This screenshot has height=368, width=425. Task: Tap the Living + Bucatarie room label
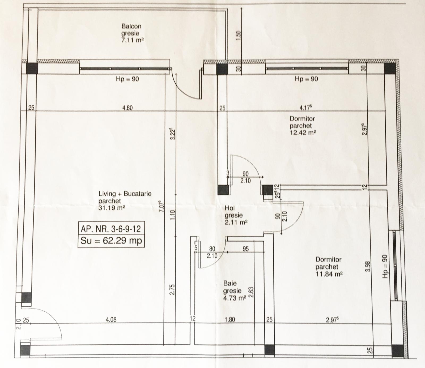pos(125,200)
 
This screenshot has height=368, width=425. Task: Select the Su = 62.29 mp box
pos(111,241)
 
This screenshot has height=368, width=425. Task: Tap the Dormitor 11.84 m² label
pos(329,267)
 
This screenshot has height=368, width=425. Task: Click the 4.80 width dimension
pos(127,108)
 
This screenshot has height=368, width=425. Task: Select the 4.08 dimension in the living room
pos(111,320)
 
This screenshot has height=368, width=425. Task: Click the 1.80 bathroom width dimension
pos(230,320)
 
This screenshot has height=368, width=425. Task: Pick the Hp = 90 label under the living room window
pos(127,79)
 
